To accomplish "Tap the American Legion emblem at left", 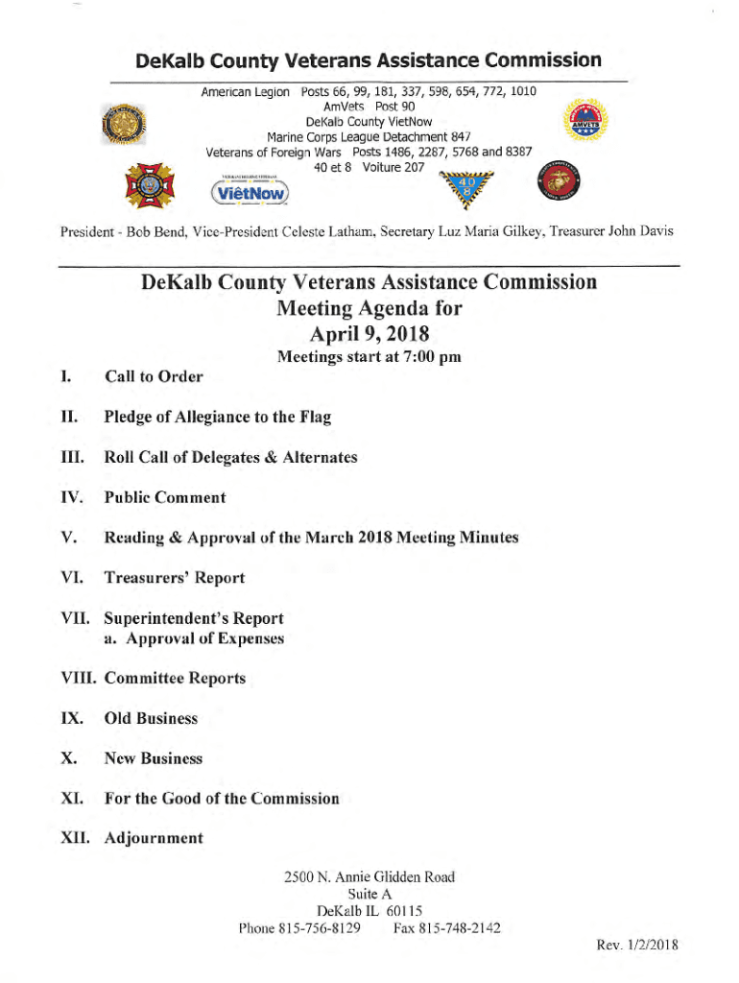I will tap(123, 126).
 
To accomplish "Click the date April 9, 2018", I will tap(369, 333).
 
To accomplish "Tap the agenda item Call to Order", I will tap(154, 376).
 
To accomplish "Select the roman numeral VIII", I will tap(79, 678).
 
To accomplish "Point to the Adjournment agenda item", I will tap(154, 838).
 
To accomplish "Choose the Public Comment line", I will tap(165, 497).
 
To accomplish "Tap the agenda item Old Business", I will tap(151, 718).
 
